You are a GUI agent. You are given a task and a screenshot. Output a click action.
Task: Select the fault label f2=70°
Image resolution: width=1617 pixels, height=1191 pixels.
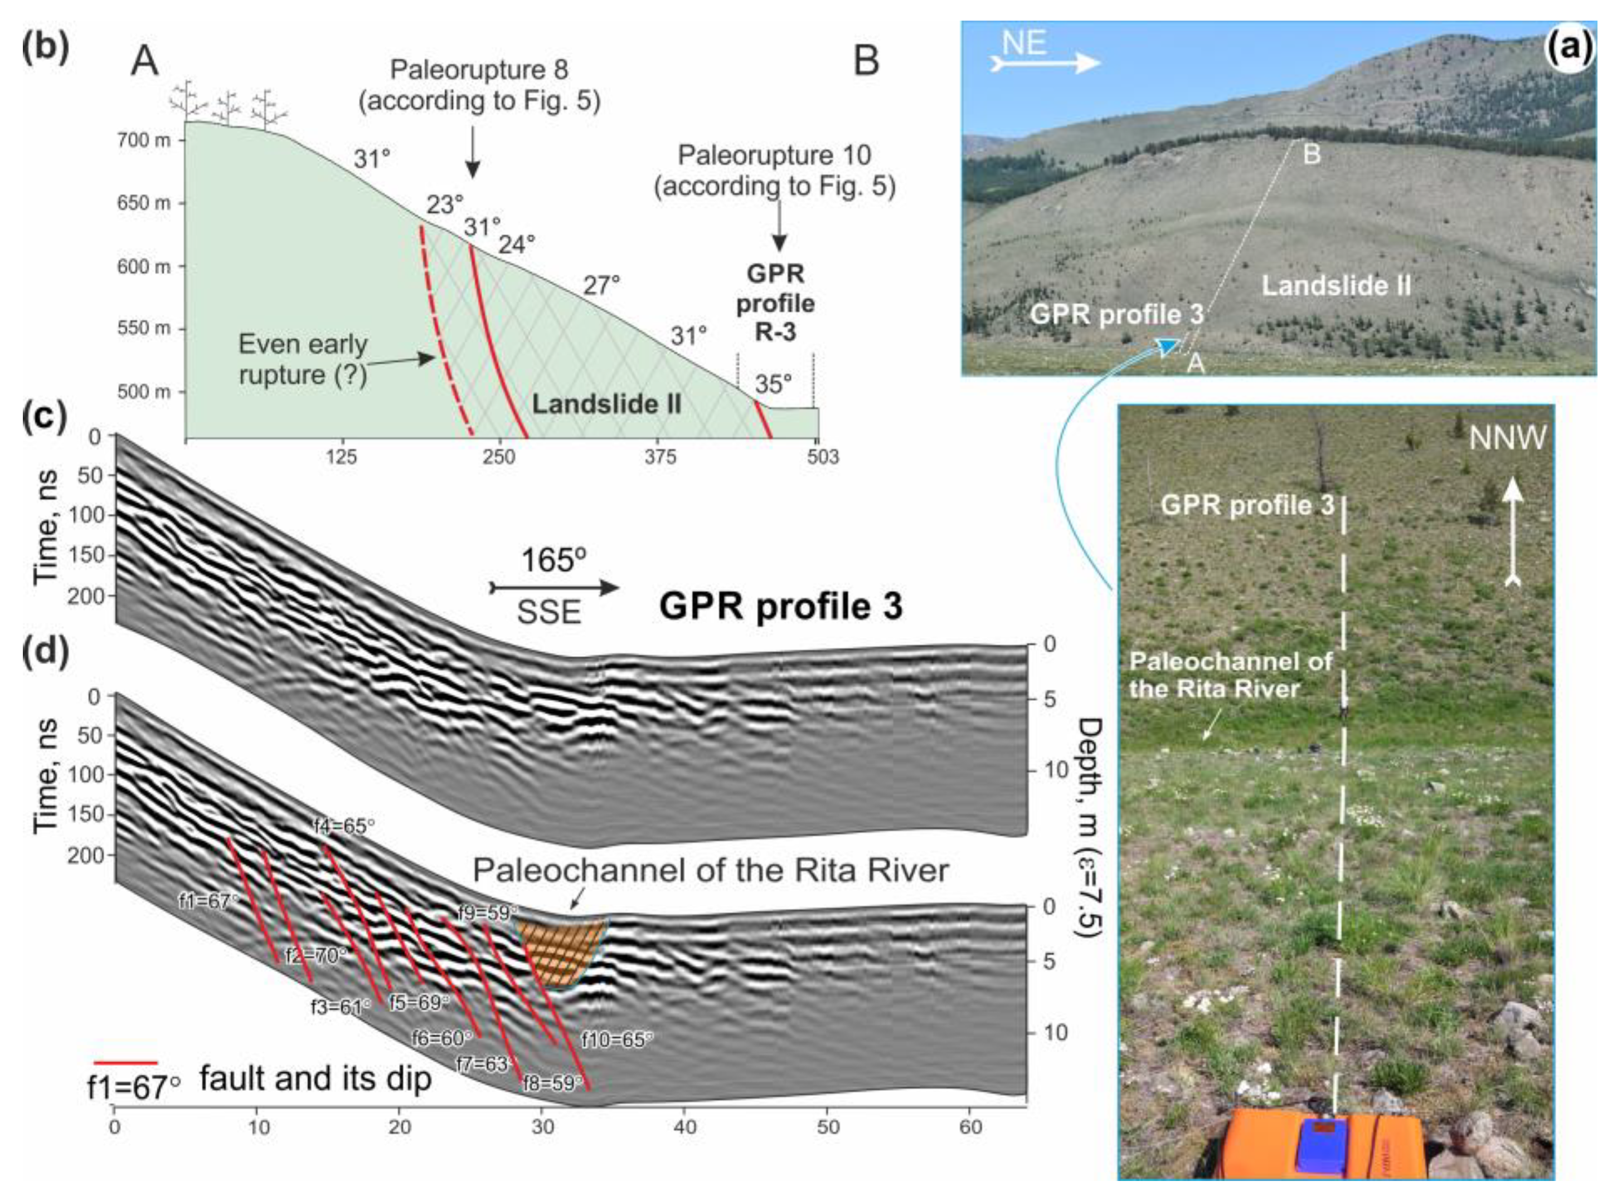point(316,956)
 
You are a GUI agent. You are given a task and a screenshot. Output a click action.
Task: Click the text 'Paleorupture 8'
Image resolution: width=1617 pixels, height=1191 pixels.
point(479,70)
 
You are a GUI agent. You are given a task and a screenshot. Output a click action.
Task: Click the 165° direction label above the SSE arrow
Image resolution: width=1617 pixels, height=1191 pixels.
point(553,560)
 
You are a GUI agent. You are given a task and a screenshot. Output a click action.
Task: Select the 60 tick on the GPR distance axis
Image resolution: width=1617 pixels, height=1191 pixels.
point(971,1126)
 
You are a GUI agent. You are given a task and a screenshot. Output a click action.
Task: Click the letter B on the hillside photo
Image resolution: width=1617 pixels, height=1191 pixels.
point(1310,154)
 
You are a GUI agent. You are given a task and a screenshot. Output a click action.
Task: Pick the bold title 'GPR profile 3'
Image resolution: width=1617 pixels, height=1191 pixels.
point(780,606)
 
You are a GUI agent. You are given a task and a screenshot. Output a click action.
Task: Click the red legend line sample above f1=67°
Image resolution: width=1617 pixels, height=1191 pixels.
point(125,1063)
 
